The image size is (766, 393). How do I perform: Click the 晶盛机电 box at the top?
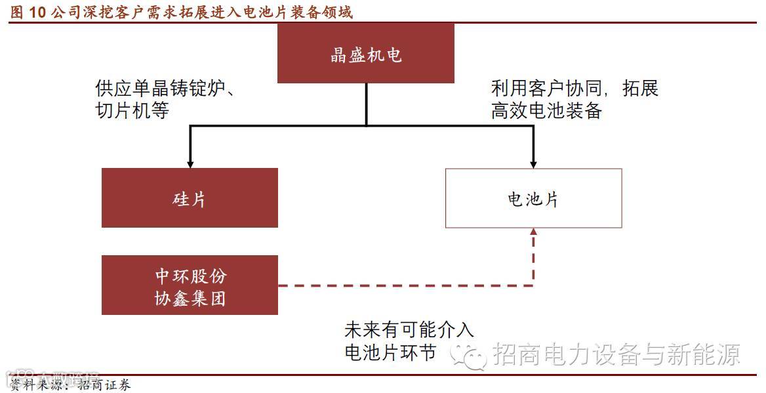point(365,54)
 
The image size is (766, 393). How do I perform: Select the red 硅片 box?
point(190,198)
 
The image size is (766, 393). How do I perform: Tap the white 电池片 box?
point(533,198)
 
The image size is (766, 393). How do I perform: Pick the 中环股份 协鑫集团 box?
point(190,285)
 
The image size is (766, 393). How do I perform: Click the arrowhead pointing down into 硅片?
point(190,162)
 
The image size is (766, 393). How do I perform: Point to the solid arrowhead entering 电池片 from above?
point(533,162)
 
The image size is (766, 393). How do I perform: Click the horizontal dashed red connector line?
point(407,285)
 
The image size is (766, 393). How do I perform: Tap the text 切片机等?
point(132,110)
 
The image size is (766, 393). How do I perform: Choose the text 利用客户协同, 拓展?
point(574,88)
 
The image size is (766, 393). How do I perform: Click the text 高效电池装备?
point(546,110)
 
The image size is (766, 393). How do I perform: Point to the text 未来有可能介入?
point(409,329)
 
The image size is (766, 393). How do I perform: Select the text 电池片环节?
point(390,352)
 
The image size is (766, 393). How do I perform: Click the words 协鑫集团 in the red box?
point(190,299)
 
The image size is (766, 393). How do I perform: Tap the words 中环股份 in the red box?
point(190,276)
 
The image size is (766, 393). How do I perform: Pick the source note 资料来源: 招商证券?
point(69,384)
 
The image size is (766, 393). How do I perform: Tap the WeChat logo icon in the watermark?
point(470,355)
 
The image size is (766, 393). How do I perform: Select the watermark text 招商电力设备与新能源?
point(616,355)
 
